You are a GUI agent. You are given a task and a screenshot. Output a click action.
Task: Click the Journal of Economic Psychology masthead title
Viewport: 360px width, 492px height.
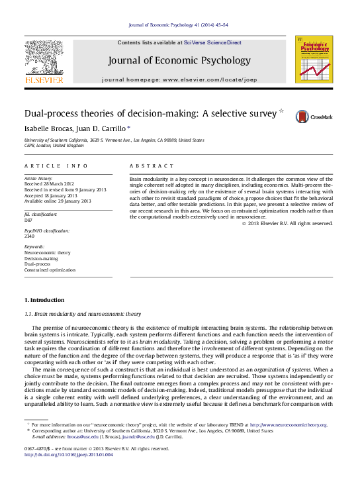(179, 61)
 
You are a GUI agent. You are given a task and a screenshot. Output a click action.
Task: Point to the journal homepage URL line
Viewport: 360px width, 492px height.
(179, 79)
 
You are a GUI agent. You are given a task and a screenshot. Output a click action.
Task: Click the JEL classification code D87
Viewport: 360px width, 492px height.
(28, 220)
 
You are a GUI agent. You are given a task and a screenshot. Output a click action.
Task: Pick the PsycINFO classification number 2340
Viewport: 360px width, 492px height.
(29, 236)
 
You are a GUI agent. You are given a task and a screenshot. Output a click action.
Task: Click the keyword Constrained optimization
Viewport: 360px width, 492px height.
(50, 270)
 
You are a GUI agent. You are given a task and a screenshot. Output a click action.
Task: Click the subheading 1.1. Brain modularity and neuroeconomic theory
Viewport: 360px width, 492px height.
(82, 313)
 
